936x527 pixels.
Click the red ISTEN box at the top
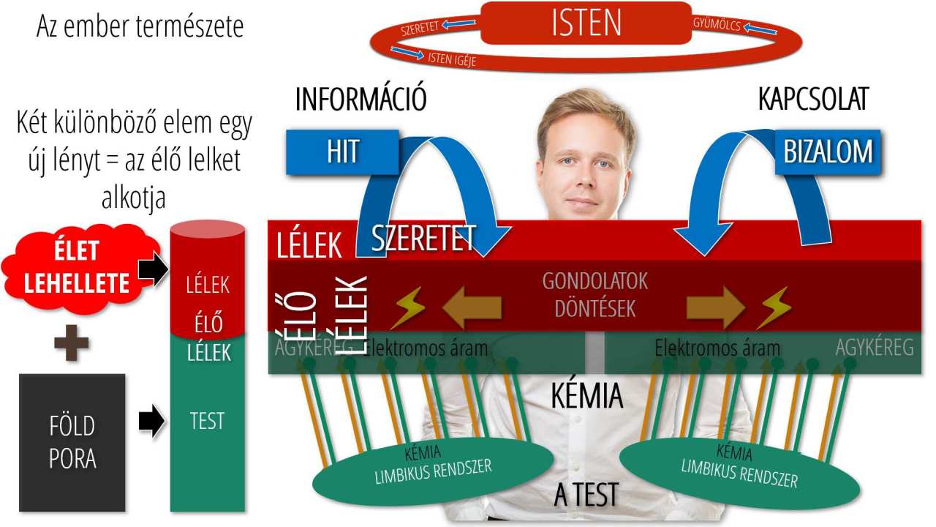pyautogui.click(x=586, y=23)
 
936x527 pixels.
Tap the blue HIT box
pyautogui.click(x=341, y=152)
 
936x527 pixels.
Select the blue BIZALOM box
pyautogui.click(x=828, y=152)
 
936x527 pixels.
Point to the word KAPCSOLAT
pyautogui.click(x=812, y=99)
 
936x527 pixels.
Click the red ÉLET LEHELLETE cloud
pyautogui.click(x=77, y=266)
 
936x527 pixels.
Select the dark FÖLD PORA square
pyautogui.click(x=72, y=442)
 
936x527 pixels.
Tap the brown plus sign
pyautogui.click(x=72, y=344)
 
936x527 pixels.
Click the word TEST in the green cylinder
pyautogui.click(x=207, y=422)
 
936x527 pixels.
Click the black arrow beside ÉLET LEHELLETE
pyautogui.click(x=152, y=269)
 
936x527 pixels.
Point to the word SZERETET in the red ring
pyautogui.click(x=420, y=29)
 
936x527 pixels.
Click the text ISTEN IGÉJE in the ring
pyautogui.click(x=451, y=59)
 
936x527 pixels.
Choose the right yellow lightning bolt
pyautogui.click(x=773, y=307)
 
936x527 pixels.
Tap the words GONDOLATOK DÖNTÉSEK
pyautogui.click(x=595, y=294)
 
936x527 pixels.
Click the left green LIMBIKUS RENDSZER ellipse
pyautogui.click(x=433, y=468)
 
